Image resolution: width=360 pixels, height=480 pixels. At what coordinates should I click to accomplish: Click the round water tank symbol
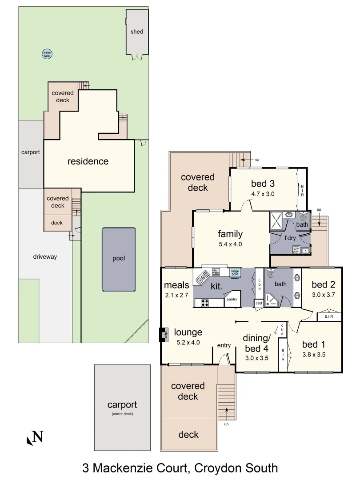(x=47, y=54)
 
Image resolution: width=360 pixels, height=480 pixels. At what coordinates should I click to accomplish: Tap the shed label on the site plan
(x=137, y=32)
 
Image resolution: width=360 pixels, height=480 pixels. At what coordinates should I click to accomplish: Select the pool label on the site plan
(x=119, y=258)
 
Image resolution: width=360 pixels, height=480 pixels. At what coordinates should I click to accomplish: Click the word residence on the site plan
(x=88, y=161)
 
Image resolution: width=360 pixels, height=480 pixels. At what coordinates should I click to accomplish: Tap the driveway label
(x=45, y=257)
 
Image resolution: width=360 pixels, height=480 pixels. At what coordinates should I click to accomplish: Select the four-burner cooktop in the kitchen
(x=205, y=303)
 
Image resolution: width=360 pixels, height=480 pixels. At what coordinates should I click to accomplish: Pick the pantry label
(x=232, y=300)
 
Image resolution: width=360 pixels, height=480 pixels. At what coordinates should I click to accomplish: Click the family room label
(x=230, y=234)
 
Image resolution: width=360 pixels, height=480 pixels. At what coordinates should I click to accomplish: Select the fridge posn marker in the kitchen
(x=235, y=272)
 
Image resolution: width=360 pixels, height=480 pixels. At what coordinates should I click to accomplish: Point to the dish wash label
(x=216, y=271)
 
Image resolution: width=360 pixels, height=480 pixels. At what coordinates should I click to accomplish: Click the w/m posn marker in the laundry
(x=296, y=250)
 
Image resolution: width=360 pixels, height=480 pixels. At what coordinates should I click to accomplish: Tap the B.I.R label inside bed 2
(x=329, y=317)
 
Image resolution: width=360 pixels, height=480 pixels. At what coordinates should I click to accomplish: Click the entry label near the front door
(x=224, y=346)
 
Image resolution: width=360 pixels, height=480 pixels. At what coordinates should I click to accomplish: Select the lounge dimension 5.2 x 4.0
(x=188, y=342)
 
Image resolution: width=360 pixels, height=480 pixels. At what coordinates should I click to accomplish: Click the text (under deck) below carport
(x=122, y=414)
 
